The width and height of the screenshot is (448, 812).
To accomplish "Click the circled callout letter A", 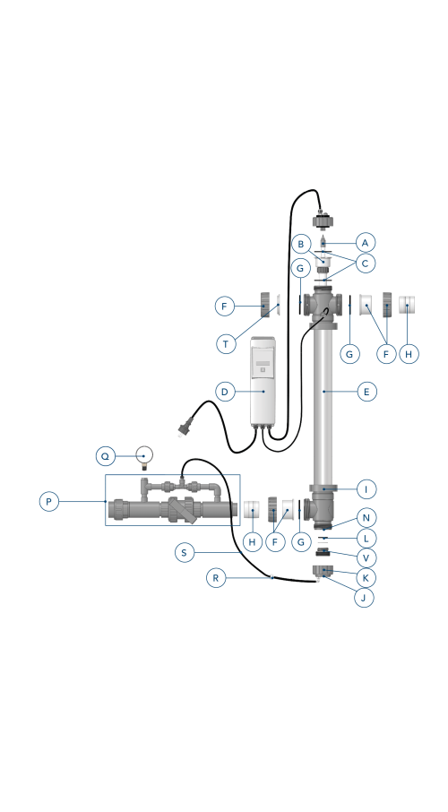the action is click(x=366, y=242).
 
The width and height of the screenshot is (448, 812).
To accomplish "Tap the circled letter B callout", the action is click(x=301, y=244).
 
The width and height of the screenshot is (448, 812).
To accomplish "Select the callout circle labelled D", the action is click(x=225, y=392).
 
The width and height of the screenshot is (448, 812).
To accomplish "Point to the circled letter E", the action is click(x=367, y=392).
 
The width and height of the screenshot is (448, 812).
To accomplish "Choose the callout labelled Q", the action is click(x=106, y=456).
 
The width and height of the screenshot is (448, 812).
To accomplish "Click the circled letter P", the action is click(x=49, y=501).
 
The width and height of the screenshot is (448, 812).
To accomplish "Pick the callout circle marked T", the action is click(x=226, y=344).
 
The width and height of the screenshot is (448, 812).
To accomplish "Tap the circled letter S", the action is click(x=185, y=553).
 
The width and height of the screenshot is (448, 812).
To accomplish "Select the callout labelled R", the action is click(x=216, y=577).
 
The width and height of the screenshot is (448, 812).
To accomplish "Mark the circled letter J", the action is click(x=364, y=598).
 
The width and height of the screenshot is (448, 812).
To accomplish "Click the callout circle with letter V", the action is click(x=366, y=557).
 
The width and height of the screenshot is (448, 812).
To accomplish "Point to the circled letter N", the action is click(x=366, y=517).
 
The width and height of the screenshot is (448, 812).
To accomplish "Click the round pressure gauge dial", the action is click(x=144, y=455).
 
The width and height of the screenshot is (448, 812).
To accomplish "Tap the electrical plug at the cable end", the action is click(x=184, y=428).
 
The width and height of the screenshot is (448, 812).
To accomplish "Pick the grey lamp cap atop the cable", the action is click(x=323, y=220).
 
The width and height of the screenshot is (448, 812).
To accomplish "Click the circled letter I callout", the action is click(x=366, y=488).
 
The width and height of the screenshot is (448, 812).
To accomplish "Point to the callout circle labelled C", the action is click(x=366, y=263).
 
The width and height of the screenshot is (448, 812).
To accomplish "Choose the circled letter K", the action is click(x=366, y=577).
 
